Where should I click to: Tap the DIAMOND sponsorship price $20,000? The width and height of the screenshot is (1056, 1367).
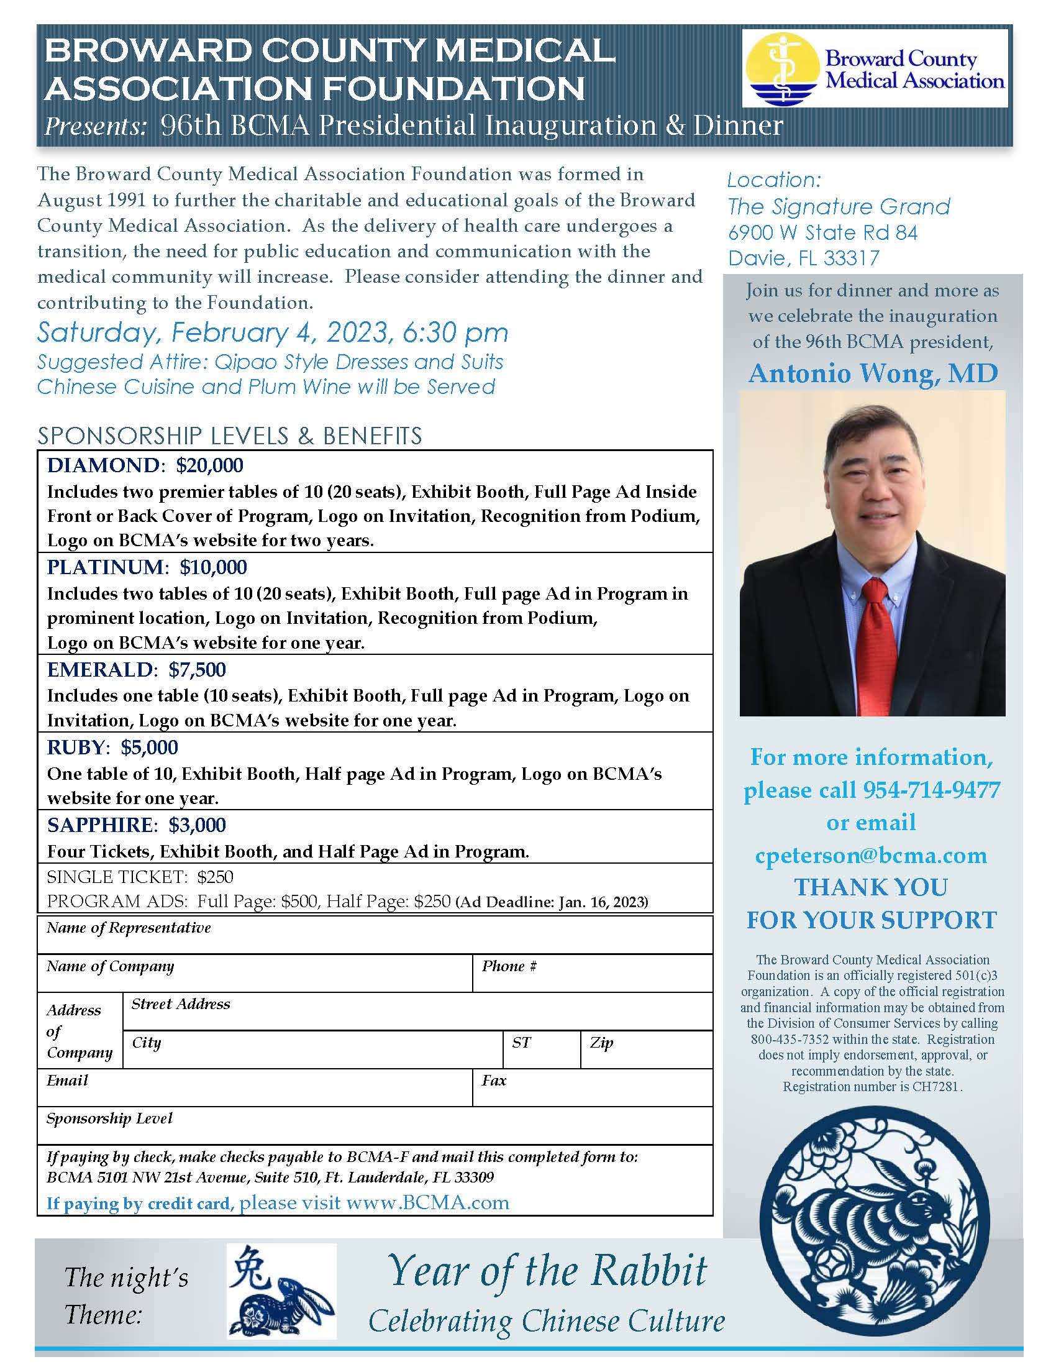click(209, 465)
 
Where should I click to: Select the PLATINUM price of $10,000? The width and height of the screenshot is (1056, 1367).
click(213, 567)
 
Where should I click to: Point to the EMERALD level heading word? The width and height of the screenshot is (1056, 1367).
click(99, 670)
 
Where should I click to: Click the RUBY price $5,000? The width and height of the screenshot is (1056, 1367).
click(150, 748)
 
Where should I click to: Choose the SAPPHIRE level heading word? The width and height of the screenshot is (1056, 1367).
click(100, 825)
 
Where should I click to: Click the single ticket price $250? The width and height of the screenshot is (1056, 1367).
click(215, 877)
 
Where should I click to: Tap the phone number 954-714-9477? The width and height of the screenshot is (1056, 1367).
click(932, 790)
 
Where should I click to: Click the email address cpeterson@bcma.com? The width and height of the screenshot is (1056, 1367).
click(871, 855)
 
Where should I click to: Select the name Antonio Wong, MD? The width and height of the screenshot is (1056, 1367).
click(873, 373)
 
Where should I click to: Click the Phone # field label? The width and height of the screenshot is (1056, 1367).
click(509, 966)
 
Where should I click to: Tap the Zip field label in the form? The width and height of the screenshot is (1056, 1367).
click(601, 1043)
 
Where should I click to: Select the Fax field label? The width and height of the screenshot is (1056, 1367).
click(494, 1081)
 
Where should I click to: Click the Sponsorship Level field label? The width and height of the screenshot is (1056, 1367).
click(109, 1118)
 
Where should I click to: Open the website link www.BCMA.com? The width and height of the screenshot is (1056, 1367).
click(427, 1203)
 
